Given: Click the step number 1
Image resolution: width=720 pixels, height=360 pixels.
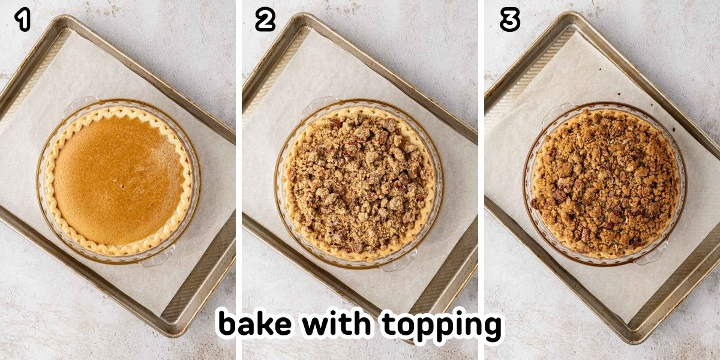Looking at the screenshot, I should [23, 20].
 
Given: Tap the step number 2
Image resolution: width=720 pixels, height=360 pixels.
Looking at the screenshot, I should [265, 20].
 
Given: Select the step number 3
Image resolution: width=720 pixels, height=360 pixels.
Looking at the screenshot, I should [509, 20].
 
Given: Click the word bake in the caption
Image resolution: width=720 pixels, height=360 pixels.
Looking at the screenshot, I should [256, 324].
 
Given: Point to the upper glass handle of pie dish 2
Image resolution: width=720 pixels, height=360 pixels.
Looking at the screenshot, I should [319, 103].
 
